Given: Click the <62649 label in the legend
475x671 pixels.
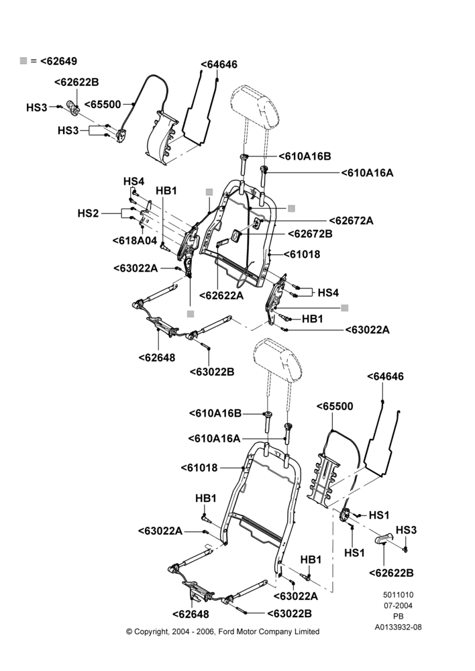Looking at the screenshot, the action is click(58, 61).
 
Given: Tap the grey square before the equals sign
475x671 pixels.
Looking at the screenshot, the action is click(23, 61).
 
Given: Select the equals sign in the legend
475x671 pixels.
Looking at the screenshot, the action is click(34, 61).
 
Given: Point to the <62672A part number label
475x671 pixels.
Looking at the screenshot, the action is click(352, 221).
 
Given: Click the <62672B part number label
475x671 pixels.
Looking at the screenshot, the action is click(310, 234).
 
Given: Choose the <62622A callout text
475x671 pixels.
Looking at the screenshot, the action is click(221, 295).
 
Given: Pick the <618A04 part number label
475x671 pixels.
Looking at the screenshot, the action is click(135, 240).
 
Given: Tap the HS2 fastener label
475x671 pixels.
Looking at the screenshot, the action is click(88, 213).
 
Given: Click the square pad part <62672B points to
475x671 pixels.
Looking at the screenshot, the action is click(236, 236).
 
